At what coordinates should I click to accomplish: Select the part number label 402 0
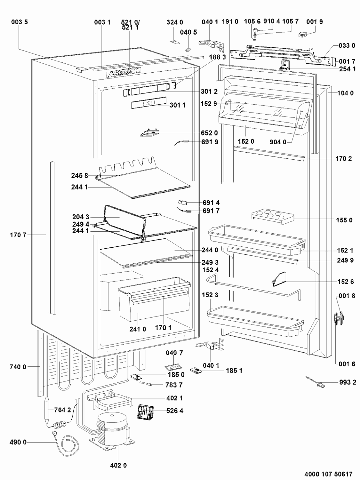point(118,465)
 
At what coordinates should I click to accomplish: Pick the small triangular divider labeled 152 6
point(278,279)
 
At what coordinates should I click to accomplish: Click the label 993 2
point(348,382)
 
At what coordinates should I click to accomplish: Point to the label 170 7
point(18,235)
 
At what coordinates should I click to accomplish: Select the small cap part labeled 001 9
point(304,34)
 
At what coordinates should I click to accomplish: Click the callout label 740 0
point(18,367)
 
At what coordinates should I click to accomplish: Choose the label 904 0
point(277,142)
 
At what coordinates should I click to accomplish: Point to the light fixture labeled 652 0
point(149,132)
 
